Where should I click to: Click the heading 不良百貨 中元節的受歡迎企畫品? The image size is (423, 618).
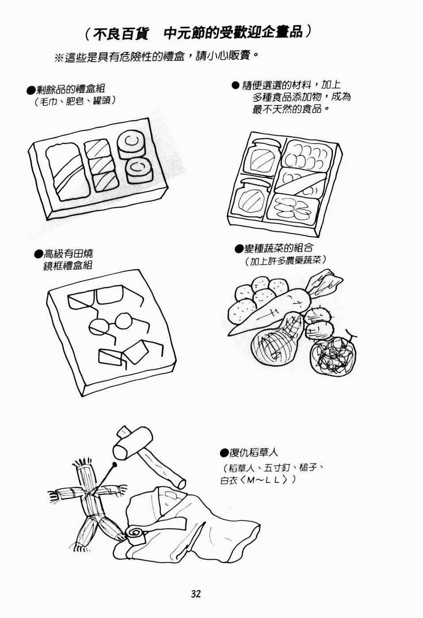tap(198, 33)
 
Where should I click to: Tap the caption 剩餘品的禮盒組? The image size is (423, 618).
tap(71, 90)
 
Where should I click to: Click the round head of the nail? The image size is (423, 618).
tap(114, 465)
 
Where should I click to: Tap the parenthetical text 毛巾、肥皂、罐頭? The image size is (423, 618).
tap(75, 101)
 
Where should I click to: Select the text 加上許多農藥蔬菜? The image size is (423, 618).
tap(286, 261)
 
